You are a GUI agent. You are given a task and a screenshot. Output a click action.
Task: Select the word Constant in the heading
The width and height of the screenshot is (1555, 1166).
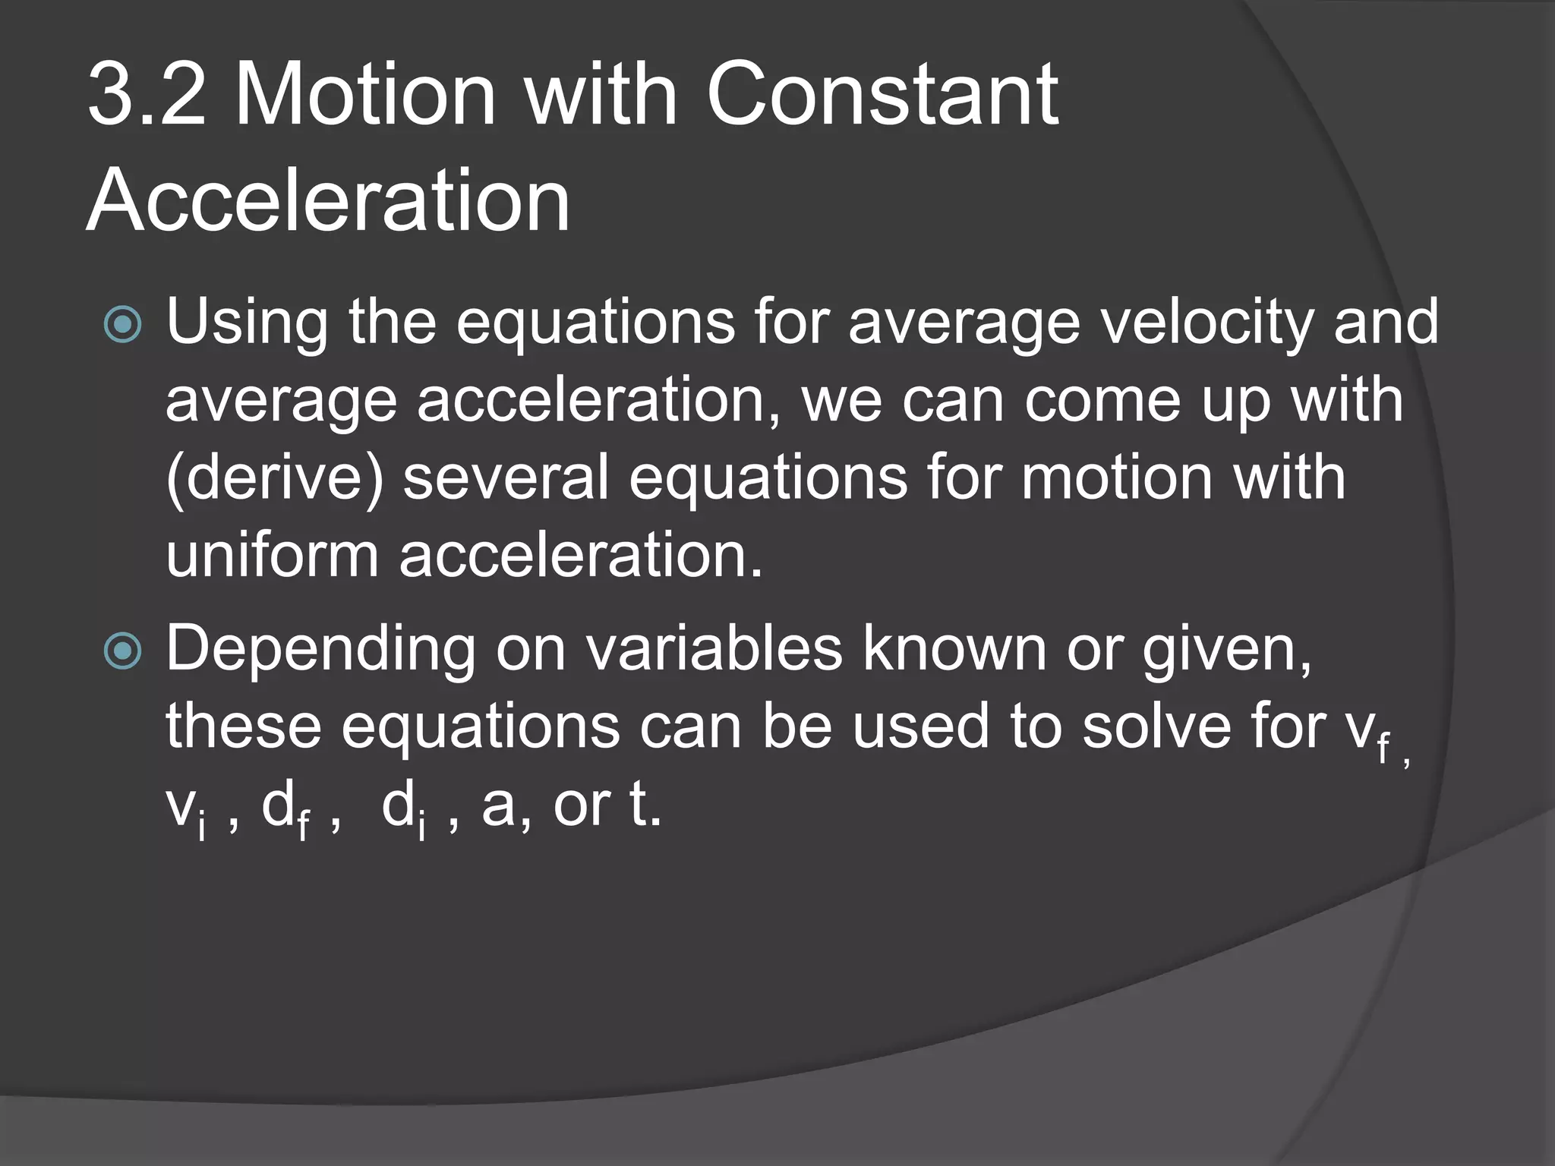point(882,95)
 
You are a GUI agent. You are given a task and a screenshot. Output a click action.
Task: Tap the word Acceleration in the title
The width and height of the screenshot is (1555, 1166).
point(328,201)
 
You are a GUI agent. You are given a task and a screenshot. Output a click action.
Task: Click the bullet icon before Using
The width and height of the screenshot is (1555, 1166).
point(122,324)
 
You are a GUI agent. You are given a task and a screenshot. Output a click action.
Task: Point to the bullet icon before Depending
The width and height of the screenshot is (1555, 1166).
point(122,651)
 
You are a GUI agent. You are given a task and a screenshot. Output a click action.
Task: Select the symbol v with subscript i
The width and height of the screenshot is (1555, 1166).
point(185,811)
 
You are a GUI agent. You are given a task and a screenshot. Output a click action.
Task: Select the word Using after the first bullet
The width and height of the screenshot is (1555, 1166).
point(247,323)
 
